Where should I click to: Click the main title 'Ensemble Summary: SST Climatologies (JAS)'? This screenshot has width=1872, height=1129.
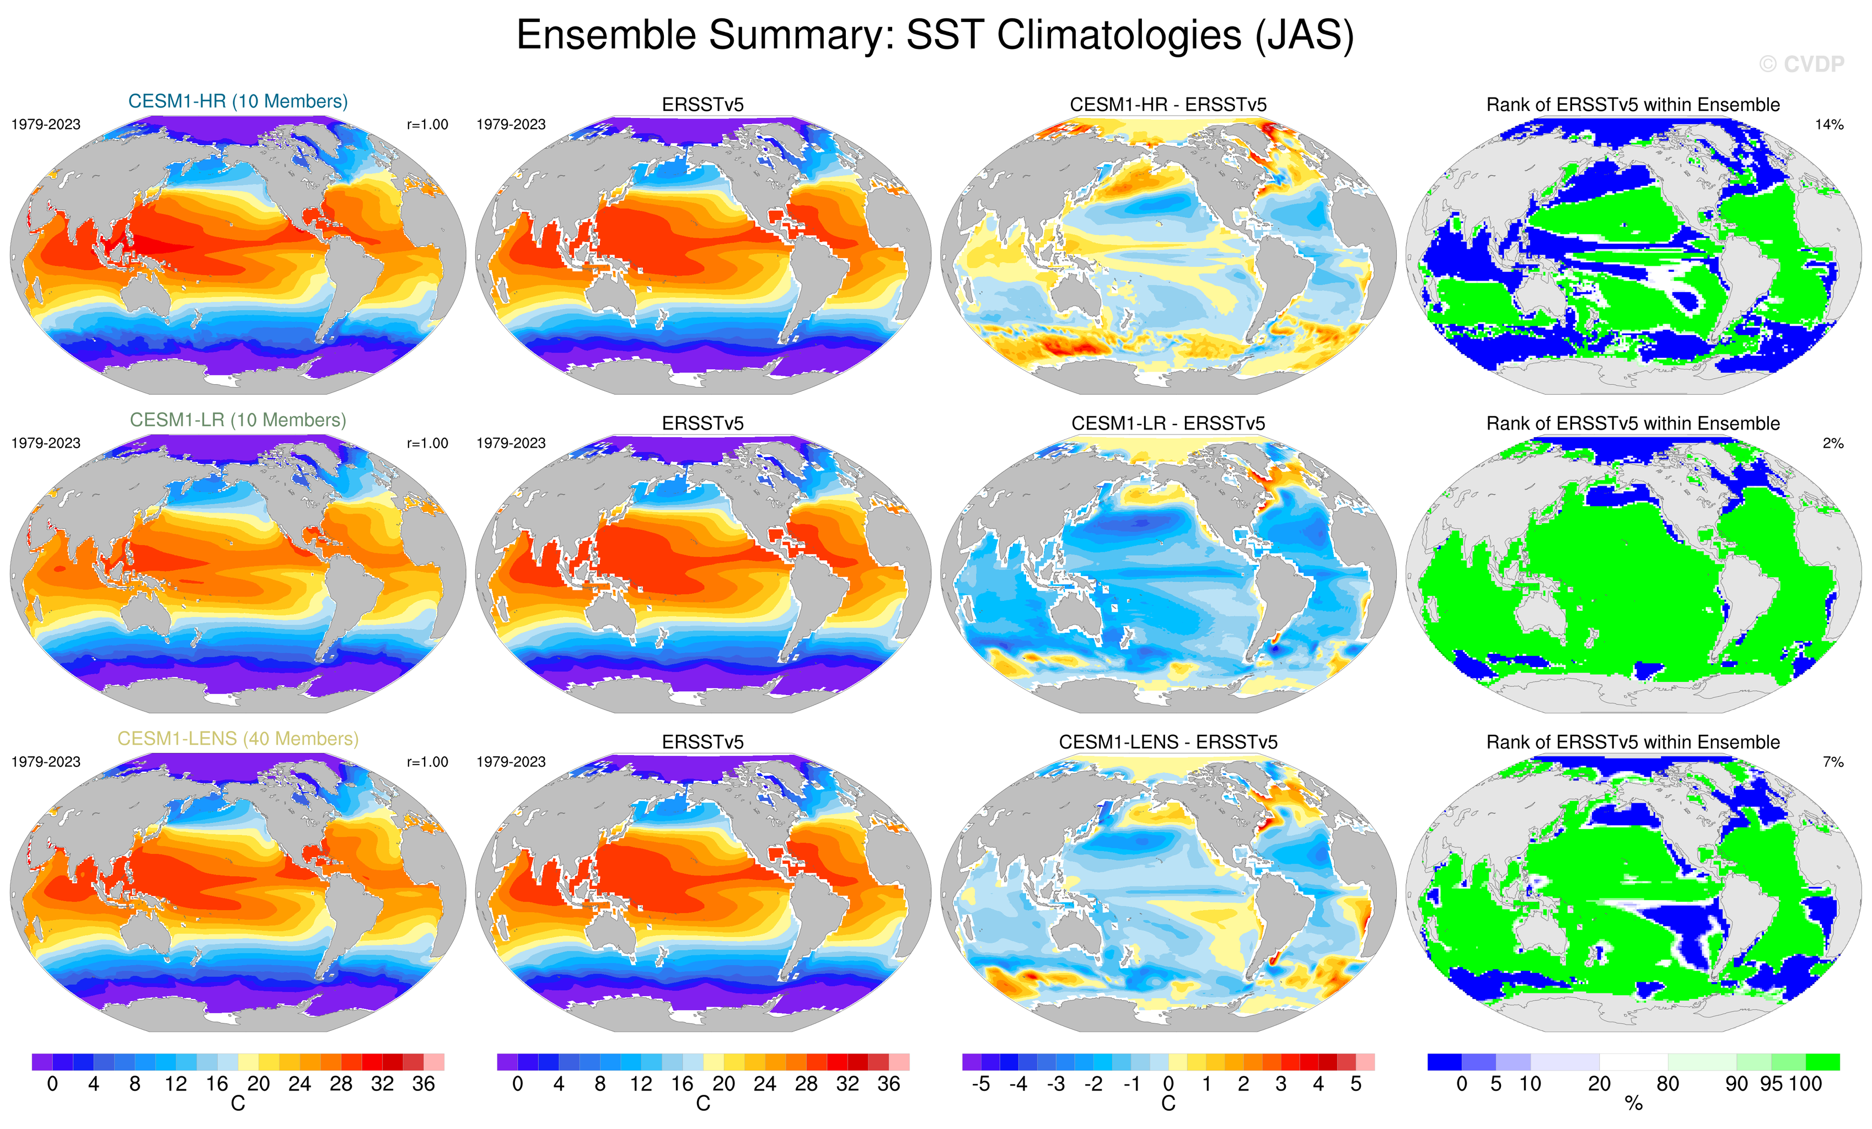coord(935,36)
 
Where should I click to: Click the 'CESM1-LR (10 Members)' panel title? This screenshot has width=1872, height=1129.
coord(238,420)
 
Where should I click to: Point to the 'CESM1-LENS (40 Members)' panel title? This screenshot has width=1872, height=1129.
coord(238,739)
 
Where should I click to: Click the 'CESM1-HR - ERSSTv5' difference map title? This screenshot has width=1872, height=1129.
coord(1168,105)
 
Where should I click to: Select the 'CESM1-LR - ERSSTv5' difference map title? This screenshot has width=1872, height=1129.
coord(1168,423)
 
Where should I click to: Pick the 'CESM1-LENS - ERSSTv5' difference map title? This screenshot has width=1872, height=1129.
coord(1168,742)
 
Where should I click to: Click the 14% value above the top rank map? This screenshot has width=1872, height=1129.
coord(1828,125)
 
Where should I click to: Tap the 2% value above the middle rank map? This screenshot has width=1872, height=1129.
coord(1832,443)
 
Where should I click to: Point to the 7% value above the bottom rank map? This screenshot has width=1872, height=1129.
coord(1832,762)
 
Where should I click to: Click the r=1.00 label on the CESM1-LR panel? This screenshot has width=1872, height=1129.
coord(427,443)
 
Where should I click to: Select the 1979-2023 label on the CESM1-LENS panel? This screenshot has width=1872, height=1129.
coord(46,762)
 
